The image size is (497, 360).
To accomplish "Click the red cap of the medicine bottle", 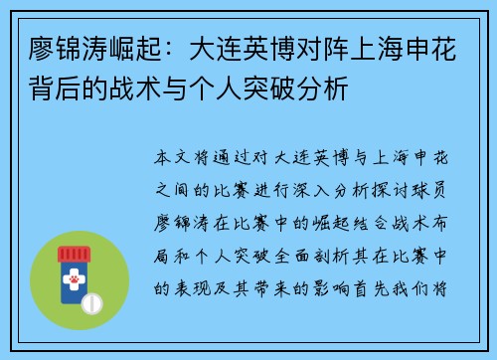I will click(x=80, y=253).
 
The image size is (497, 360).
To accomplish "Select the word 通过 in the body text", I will click(x=238, y=158).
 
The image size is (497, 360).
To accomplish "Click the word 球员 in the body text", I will click(x=443, y=185).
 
